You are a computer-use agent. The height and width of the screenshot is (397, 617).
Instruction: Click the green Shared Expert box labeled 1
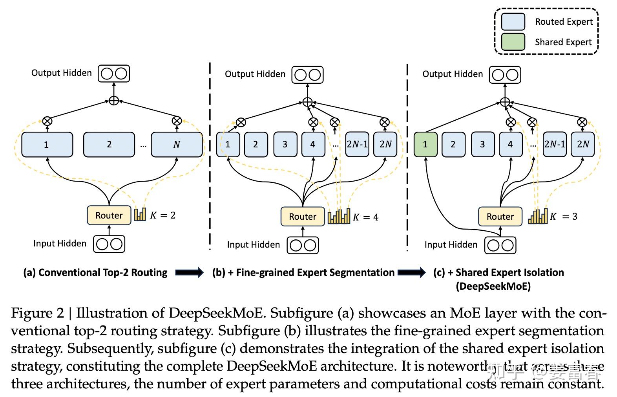425,144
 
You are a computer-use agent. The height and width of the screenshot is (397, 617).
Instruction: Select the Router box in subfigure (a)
109,215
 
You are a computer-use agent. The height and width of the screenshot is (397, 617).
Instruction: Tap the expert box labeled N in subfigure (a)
177,144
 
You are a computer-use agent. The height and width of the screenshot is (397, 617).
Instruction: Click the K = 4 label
365,217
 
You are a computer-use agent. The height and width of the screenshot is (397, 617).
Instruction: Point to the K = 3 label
564,217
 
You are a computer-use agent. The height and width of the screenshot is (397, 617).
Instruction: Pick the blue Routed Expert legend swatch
513,22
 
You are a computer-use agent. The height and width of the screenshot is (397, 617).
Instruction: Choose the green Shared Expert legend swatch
513,42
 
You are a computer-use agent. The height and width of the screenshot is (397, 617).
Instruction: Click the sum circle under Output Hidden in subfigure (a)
113,101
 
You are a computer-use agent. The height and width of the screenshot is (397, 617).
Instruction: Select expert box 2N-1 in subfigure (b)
357,144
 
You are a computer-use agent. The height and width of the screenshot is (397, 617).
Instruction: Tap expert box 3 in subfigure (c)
482,144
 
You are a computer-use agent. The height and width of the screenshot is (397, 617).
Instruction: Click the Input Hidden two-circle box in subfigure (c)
500,245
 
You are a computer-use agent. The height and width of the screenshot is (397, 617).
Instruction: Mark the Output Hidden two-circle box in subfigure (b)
307,75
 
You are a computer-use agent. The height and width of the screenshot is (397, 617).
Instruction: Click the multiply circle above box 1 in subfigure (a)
47,121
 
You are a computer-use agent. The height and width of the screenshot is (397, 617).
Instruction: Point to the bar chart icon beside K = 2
140,214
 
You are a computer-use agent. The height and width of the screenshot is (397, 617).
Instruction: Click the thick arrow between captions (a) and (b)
189,272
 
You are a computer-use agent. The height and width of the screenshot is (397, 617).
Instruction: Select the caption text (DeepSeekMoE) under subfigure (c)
493,286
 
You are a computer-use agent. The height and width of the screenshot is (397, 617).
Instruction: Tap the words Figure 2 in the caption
37,313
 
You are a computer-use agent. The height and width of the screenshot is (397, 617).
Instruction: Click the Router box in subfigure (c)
500,217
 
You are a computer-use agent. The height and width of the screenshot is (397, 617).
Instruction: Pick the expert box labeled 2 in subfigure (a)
109,144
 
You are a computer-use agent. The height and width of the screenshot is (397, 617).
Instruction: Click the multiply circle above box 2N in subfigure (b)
385,122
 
